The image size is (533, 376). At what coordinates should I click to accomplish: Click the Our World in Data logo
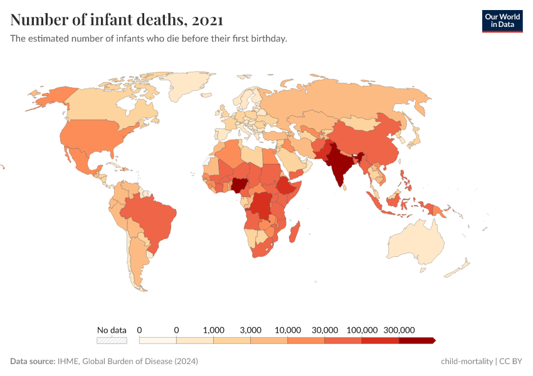point(502,21)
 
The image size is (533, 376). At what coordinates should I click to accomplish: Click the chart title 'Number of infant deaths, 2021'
point(117,20)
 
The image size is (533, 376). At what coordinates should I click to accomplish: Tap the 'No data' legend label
point(112,330)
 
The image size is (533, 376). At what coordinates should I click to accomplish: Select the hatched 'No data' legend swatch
point(112,340)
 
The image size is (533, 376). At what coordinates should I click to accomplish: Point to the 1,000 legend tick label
point(214,330)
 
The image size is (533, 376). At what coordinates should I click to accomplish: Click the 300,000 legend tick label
point(399,330)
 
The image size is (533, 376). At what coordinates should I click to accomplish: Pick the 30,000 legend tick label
point(325,330)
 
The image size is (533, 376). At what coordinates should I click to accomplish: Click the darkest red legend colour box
point(416,340)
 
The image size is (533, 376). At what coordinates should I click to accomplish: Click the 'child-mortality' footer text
point(467,362)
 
